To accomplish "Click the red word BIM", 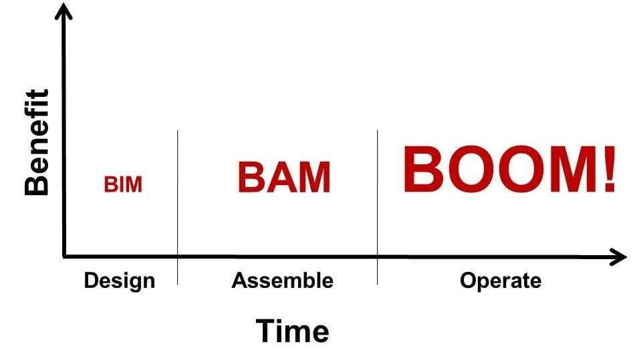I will point(123,184).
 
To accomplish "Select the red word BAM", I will point(284,178).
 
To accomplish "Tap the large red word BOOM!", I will point(509,170).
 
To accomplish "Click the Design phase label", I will point(119,281).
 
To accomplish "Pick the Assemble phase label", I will point(282,281).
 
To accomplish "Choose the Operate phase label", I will point(501,281).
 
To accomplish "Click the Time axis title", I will point(292,331).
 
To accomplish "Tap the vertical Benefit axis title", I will point(37,142).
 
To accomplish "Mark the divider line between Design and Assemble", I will point(178,200).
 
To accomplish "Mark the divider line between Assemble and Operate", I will point(377,200).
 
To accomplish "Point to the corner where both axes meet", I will point(64,256).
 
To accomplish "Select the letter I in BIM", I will point(122,184).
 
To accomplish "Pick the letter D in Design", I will point(91,281).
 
